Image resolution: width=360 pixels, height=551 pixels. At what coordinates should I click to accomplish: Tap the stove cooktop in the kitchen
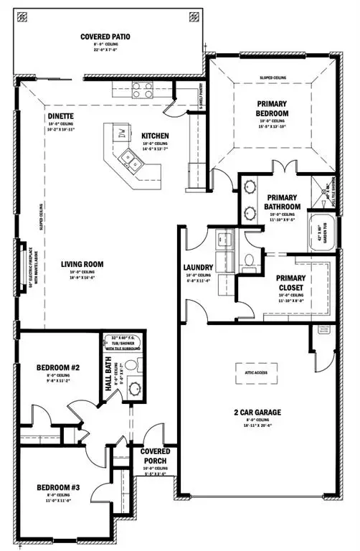(142, 90)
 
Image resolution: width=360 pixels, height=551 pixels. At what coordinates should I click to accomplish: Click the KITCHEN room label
(155, 135)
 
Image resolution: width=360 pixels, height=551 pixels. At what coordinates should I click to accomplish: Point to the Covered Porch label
(151, 456)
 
